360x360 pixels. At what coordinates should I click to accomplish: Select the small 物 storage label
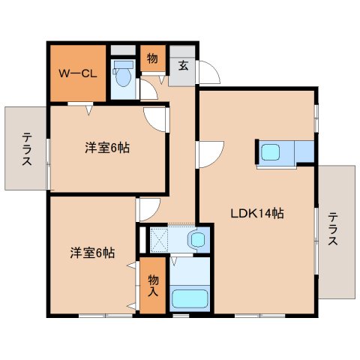[152, 58]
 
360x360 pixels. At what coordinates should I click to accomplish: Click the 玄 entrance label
[183, 65]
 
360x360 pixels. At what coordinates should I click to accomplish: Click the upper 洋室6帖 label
[106, 148]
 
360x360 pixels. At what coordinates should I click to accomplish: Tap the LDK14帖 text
[256, 213]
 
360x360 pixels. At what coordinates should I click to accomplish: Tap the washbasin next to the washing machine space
[196, 241]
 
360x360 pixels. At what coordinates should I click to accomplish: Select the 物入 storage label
[152, 286]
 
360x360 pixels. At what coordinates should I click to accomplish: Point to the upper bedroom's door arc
[155, 116]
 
